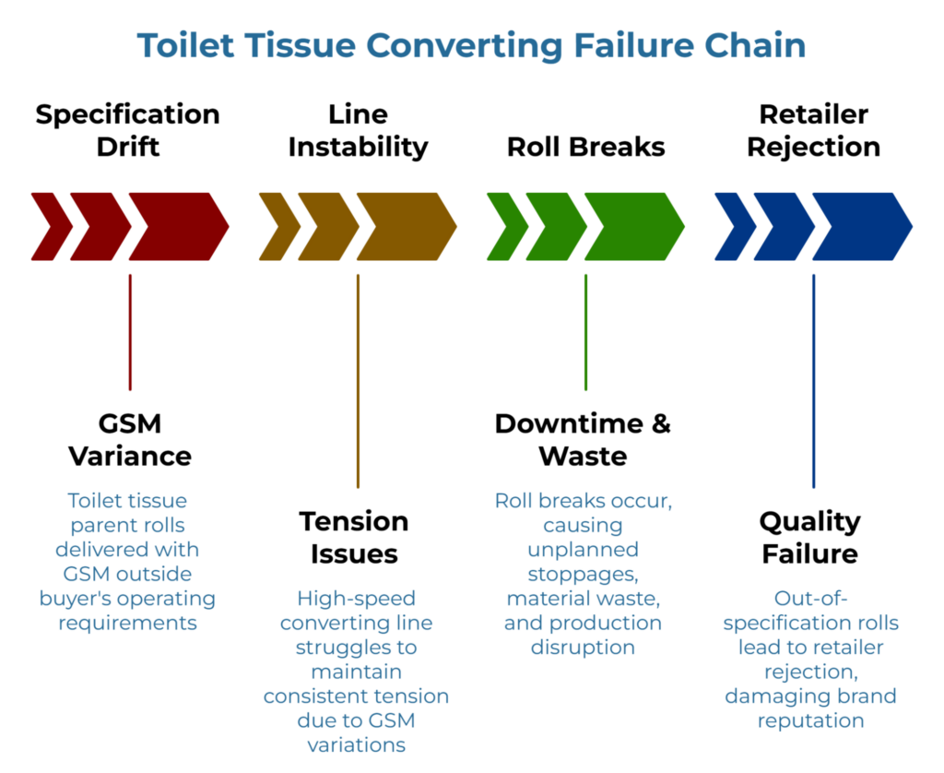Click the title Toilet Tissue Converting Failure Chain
tap(471, 45)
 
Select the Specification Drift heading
tap(127, 130)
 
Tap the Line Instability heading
tap(358, 130)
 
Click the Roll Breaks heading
tap(585, 147)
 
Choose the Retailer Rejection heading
tap(813, 130)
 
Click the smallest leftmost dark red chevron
tap(48, 226)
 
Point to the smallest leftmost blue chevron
tap(732, 226)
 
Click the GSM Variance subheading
tap(130, 439)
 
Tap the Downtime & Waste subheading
tap(583, 439)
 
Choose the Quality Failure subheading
tap(808, 537)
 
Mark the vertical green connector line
tap(585, 332)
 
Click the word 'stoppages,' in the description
tap(583, 574)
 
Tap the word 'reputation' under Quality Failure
tap(810, 720)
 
